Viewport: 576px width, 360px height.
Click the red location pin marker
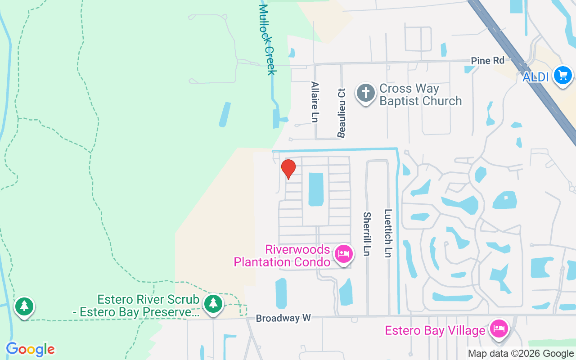point(288,169)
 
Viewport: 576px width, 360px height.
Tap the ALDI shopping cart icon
point(563,75)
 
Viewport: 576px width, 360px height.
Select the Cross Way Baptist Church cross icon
point(365,94)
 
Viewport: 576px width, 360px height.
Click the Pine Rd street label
point(487,60)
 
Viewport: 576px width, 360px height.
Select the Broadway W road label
point(283,318)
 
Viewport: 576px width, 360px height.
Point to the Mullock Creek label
point(267,39)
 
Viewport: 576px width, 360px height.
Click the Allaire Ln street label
point(315,101)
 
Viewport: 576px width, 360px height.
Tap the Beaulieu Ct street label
point(342,112)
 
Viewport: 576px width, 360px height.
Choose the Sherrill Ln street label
point(367,234)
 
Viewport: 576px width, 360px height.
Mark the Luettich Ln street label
point(388,233)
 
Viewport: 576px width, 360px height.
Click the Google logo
point(30,349)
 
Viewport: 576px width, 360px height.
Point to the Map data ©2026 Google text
point(521,354)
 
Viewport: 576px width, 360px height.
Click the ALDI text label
point(535,77)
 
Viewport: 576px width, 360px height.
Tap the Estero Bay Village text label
point(435,331)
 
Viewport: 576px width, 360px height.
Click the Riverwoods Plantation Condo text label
point(282,255)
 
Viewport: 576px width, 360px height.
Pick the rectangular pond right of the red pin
point(316,189)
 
